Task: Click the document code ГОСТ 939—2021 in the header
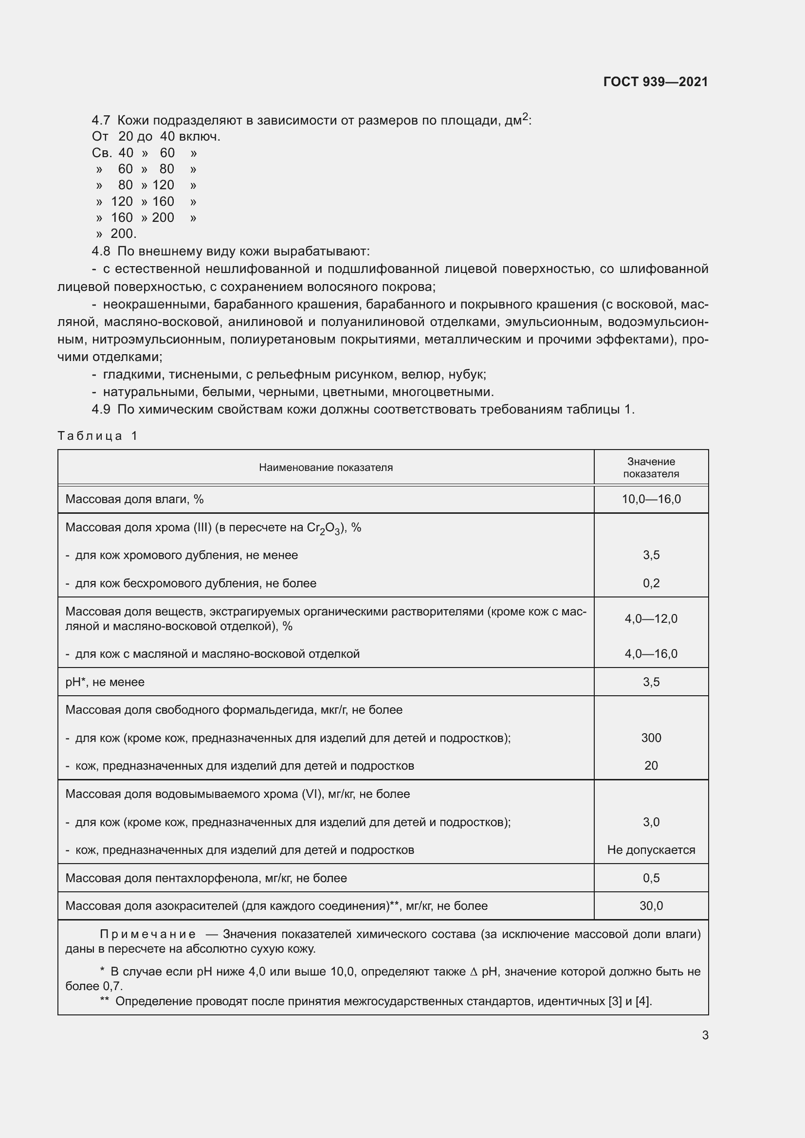point(655,82)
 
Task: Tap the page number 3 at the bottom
point(705,1035)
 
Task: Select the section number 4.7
point(101,121)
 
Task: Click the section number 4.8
point(101,251)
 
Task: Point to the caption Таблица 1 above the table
point(97,435)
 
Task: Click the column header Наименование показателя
point(326,468)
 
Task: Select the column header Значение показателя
point(651,468)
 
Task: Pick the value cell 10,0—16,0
point(651,499)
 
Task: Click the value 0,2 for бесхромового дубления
point(651,583)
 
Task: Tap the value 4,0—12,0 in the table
point(651,618)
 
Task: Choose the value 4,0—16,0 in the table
point(651,654)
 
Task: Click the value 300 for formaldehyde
point(651,738)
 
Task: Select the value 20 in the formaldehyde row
point(651,766)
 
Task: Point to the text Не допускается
point(651,850)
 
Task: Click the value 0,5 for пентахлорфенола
point(651,878)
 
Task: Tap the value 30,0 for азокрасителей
point(651,906)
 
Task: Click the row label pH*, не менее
point(105,682)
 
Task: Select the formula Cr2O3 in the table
point(324,528)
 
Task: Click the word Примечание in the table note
point(148,934)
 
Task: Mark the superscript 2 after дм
point(526,117)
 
